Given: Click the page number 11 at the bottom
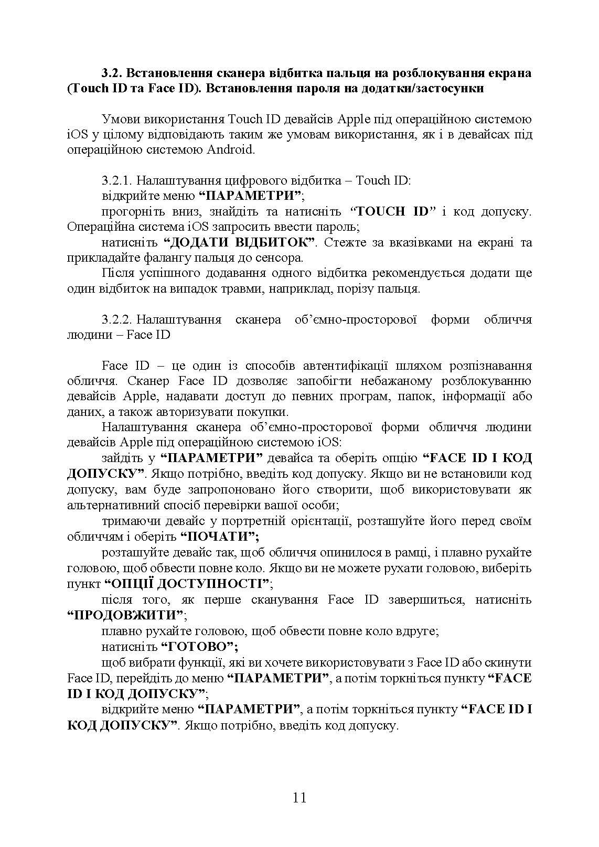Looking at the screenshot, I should (299, 798).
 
